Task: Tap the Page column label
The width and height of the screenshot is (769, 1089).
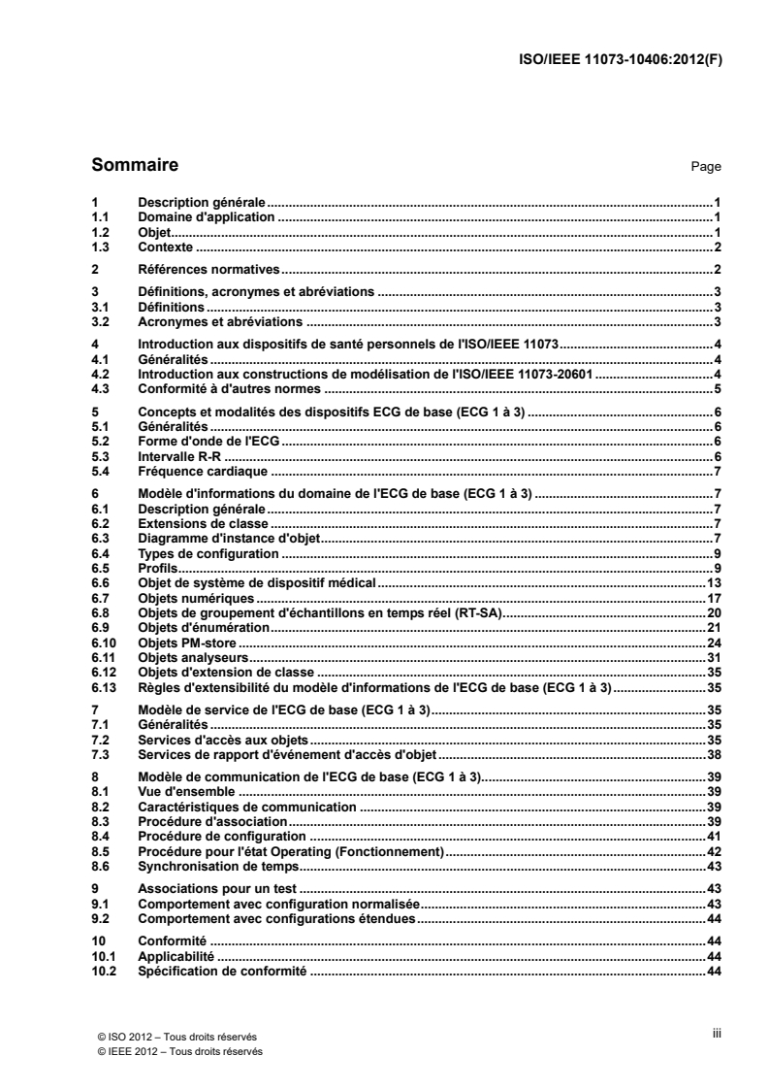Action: click(x=705, y=167)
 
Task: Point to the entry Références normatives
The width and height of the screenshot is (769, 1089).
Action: click(x=208, y=269)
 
